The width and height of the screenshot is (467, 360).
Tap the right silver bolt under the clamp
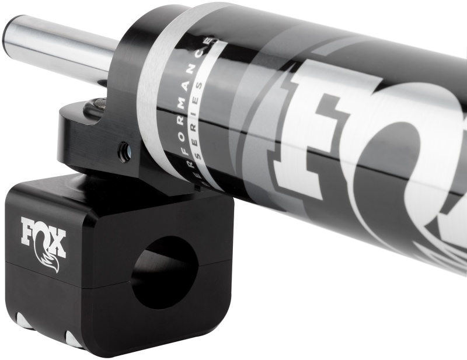(74, 339)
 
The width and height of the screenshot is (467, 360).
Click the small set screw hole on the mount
(124, 153)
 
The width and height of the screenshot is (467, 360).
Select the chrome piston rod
(64, 47)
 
